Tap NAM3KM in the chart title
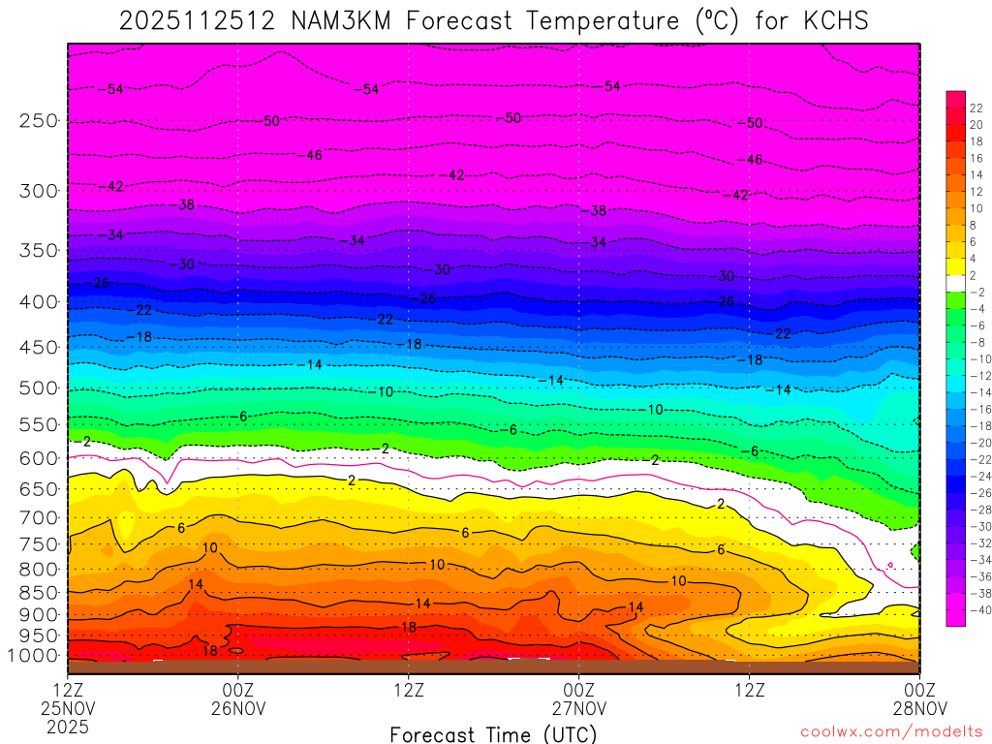click(x=342, y=19)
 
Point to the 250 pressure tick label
click(x=40, y=121)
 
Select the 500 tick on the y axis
click(x=40, y=388)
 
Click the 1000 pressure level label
click(x=36, y=657)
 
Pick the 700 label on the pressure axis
click(x=40, y=516)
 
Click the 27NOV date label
click(x=578, y=708)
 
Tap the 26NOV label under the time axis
click(x=238, y=708)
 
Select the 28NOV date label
click(x=918, y=708)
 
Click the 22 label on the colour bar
click(x=976, y=108)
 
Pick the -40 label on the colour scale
click(x=976, y=610)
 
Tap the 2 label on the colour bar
click(x=973, y=275)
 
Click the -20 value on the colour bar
click(x=976, y=443)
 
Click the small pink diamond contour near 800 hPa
click(x=890, y=566)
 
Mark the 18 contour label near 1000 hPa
click(x=209, y=651)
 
